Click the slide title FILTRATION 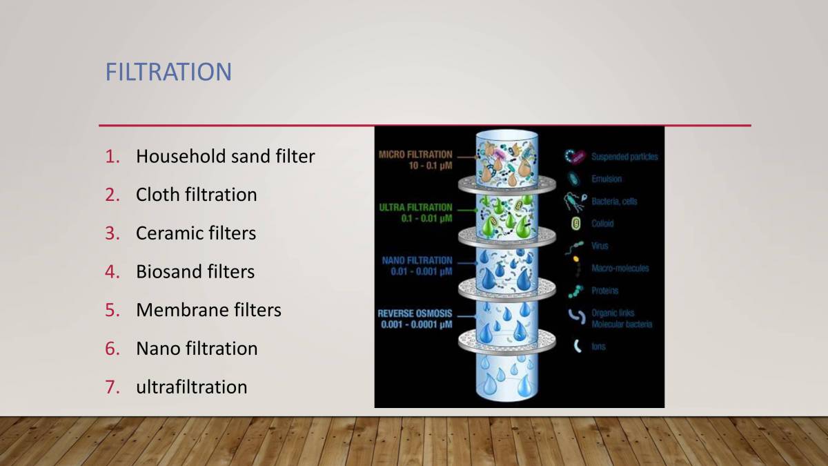pyautogui.click(x=168, y=72)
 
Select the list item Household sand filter pyautogui.click(x=225, y=157)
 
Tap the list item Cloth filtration pyautogui.click(x=196, y=195)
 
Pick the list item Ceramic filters pyautogui.click(x=195, y=233)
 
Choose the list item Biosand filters pyautogui.click(x=195, y=272)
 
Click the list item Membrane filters pyautogui.click(x=208, y=310)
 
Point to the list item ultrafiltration pyautogui.click(x=191, y=387)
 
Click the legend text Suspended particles pyautogui.click(x=624, y=157)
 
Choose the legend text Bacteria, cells pyautogui.click(x=614, y=202)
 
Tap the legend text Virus pyautogui.click(x=600, y=246)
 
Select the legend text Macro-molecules pyautogui.click(x=620, y=268)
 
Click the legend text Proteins pyautogui.click(x=604, y=291)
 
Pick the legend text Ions pyautogui.click(x=598, y=347)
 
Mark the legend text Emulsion pyautogui.click(x=606, y=179)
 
